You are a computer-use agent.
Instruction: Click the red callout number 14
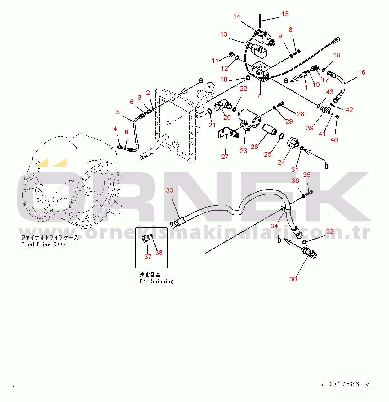pyautogui.click(x=237, y=16)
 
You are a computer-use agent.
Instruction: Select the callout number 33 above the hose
pyautogui.click(x=170, y=190)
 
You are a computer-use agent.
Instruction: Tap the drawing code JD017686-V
pyautogui.click(x=346, y=384)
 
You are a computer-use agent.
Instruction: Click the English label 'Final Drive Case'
pyautogui.click(x=43, y=244)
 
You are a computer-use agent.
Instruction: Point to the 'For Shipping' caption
pyautogui.click(x=156, y=281)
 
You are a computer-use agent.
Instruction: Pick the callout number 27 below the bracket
pyautogui.click(x=225, y=157)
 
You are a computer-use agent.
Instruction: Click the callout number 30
pyautogui.click(x=293, y=279)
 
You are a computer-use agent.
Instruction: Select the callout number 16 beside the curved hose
pyautogui.click(x=362, y=72)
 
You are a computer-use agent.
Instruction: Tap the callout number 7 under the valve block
pyautogui.click(x=259, y=96)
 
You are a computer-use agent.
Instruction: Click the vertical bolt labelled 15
pyautogui.click(x=260, y=20)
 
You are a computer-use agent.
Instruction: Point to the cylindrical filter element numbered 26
pyautogui.click(x=269, y=130)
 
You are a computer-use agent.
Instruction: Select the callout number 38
pyautogui.click(x=159, y=253)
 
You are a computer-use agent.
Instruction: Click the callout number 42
pyautogui.click(x=349, y=110)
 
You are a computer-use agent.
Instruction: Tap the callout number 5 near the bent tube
pyautogui.click(x=118, y=112)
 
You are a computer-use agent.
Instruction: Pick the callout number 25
pyautogui.click(x=268, y=154)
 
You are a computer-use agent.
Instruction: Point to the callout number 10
pyautogui.click(x=224, y=80)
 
